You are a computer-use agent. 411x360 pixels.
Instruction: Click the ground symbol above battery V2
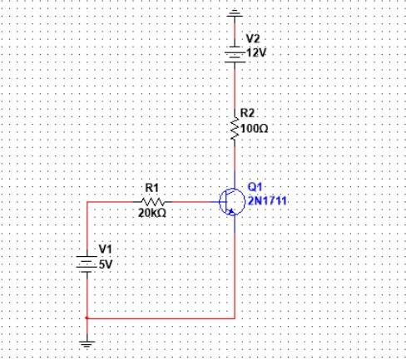tap(235, 13)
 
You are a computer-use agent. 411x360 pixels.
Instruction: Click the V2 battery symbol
tap(235, 55)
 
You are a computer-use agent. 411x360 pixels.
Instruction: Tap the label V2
tap(253, 39)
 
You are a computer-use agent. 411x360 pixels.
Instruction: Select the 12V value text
tap(256, 52)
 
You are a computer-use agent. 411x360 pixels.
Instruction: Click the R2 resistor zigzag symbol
tap(235, 128)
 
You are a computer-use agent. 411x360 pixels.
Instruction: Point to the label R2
tap(247, 113)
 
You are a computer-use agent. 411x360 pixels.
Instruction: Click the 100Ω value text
tap(255, 129)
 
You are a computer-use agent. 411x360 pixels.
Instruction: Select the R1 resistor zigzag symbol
tap(153, 202)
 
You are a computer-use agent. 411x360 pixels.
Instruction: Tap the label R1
tap(152, 188)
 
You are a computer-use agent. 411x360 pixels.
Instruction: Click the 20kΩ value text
tap(152, 213)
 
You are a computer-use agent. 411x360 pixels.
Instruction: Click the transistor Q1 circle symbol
tap(232, 202)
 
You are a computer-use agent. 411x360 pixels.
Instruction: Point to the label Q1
tap(255, 187)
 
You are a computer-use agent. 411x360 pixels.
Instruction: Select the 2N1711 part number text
tap(267, 200)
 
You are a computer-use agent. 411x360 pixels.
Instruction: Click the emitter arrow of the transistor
tap(230, 212)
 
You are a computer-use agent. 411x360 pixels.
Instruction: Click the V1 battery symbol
tap(87, 264)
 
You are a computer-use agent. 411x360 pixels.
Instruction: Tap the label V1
tap(106, 249)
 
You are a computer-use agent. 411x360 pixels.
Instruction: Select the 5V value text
tap(106, 265)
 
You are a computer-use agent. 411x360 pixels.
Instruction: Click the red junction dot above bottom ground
tap(87, 318)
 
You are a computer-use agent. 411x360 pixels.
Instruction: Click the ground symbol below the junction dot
tap(87, 343)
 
